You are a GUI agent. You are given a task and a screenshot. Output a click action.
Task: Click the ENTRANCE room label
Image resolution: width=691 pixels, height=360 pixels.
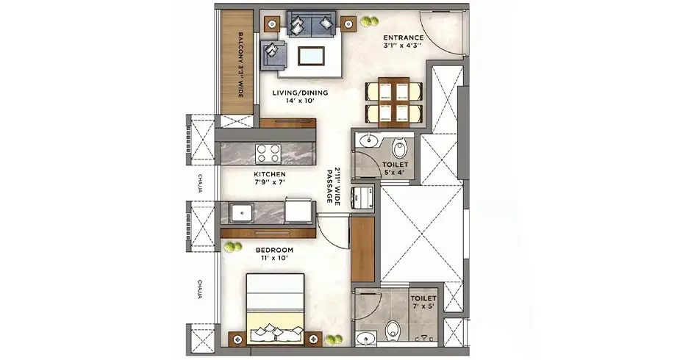point(403,41)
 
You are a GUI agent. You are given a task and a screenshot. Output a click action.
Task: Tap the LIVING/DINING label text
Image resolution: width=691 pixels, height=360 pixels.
point(300,96)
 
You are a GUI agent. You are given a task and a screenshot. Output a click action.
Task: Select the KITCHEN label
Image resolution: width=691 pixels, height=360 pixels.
point(270,178)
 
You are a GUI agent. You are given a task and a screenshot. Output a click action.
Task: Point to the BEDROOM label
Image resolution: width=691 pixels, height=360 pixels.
point(274,253)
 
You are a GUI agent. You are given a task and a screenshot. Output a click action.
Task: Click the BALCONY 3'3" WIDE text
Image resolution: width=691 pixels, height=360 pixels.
point(241,65)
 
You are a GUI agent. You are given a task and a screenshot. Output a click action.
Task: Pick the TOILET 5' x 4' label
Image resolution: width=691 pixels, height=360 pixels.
point(395,168)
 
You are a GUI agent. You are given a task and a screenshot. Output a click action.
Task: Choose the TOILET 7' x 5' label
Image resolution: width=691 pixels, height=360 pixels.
point(423,302)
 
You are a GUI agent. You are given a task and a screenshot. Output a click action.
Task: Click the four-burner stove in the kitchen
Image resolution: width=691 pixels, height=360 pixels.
point(268,154)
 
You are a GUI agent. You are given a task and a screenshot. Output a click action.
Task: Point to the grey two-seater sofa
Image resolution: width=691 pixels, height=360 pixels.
point(312,24)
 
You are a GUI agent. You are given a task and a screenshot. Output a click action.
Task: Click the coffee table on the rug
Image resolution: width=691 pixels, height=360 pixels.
point(312,56)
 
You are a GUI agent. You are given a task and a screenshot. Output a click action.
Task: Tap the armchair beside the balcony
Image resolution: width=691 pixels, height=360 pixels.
point(273,54)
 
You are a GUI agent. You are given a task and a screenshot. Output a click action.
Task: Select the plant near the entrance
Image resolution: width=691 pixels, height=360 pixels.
point(369,21)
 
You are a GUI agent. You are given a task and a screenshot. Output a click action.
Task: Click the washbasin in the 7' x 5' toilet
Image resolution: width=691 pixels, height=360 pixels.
point(365,339)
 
